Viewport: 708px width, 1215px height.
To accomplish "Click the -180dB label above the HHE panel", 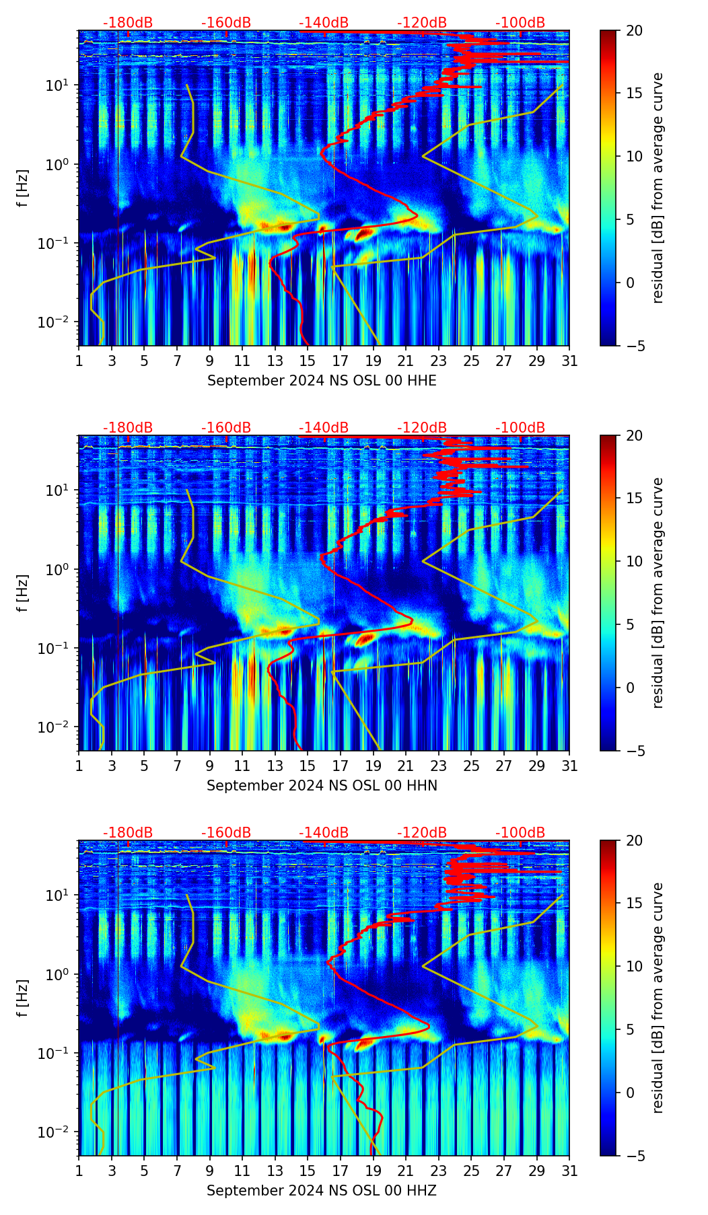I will (128, 23).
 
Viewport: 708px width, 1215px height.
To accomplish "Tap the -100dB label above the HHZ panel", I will (520, 833).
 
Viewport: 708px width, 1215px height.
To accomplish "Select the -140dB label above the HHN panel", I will (324, 428).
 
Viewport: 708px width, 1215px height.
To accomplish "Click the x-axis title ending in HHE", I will (322, 381).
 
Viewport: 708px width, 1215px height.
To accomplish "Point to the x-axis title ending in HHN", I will (322, 786).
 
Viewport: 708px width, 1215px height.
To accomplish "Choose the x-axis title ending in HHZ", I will (322, 1191).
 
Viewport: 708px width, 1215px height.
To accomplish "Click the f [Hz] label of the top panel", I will (23, 188).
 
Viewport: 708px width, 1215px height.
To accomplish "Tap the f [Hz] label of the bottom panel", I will (23, 998).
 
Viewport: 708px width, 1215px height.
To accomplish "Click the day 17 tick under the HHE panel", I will (341, 361).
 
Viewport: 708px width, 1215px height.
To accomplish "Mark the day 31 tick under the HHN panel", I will (569, 766).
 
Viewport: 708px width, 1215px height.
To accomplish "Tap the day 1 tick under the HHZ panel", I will (79, 1171).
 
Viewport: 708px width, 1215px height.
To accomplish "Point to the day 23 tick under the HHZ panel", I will (439, 1171).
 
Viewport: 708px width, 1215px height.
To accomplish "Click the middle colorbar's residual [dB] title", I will (658, 593).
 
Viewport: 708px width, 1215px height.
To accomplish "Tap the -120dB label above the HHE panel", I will (422, 23).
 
